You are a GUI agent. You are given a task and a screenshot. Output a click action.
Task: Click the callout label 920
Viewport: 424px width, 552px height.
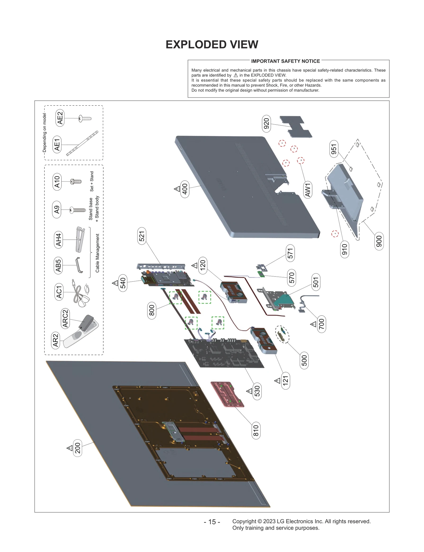tap(266, 123)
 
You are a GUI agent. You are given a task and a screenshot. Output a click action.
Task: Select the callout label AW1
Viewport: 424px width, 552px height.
tap(307, 190)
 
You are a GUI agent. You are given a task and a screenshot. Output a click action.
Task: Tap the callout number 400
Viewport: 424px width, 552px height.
tap(185, 189)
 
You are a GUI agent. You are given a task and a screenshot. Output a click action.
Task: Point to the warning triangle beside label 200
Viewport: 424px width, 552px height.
tap(70, 448)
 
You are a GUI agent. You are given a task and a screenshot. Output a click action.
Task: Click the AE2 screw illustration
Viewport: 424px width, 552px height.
tap(85, 118)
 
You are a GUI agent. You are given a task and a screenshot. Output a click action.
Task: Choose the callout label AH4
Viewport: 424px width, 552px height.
tap(58, 240)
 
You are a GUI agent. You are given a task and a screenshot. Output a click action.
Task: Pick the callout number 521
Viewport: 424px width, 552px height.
tap(142, 236)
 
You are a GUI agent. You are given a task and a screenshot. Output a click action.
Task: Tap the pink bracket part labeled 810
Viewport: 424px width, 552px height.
tap(227, 394)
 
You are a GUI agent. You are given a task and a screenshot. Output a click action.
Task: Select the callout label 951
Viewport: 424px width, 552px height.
tap(334, 149)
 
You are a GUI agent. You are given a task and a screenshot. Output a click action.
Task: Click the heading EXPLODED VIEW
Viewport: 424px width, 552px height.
tap(212, 44)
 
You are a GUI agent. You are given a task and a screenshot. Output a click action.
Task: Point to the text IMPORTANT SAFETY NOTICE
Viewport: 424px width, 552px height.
tap(285, 61)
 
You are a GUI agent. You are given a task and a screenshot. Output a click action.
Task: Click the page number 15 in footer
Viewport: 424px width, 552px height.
tap(212, 522)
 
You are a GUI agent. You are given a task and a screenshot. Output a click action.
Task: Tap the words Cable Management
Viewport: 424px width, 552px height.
tap(97, 253)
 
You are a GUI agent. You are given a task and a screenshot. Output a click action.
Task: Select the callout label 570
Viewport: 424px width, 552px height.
tap(291, 278)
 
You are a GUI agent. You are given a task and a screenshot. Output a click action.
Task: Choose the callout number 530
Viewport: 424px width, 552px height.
tap(257, 391)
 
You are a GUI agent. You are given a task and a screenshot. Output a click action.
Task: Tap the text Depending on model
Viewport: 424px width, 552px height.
tap(45, 132)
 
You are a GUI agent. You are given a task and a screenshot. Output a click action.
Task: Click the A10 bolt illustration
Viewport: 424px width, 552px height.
tap(76, 181)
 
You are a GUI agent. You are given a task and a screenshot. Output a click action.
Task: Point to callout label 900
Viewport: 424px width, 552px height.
tap(379, 241)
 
